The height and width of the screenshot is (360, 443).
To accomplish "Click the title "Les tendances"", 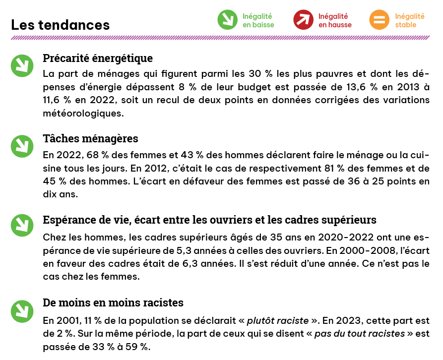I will pos(60,24).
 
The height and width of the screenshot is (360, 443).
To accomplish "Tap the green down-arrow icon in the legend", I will pos(228,20).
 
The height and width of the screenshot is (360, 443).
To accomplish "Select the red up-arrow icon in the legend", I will pos(304,20).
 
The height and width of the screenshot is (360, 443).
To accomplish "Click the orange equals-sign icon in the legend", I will pos(380,20).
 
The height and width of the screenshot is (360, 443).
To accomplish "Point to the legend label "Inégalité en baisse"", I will pos(258,20).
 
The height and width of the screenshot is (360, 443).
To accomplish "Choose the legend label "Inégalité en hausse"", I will pos(335,20).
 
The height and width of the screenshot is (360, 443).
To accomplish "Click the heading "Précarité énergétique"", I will pos(98,58).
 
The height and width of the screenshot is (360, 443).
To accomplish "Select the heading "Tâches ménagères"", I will pos(90,138).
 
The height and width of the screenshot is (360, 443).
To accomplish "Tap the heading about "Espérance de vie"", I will pos(209,219).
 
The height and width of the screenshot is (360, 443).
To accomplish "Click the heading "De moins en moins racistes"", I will pos(113,302).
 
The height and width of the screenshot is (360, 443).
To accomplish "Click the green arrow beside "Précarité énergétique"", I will pos(22,65).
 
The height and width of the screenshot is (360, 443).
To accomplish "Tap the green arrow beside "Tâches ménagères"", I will pos(22,145).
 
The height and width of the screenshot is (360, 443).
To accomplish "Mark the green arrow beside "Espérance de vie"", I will pos(22,226).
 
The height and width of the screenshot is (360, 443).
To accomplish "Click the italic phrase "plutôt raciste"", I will pos(278,320).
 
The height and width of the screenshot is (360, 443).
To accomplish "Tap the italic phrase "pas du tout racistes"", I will pos(360,333).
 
